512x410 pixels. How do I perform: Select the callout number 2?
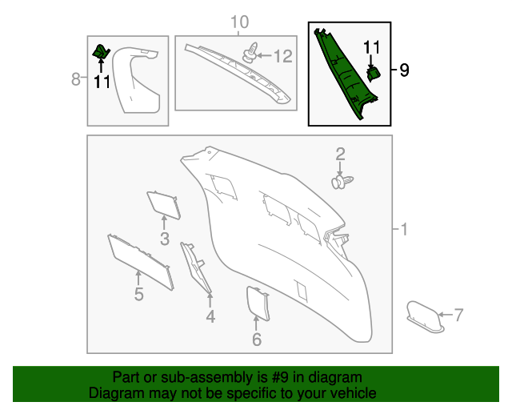coord(340,154)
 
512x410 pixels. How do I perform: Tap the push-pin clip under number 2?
coord(342,183)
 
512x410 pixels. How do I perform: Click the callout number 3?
coord(164,239)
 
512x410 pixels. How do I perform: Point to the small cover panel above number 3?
coord(163,204)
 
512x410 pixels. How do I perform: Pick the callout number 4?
coord(210,317)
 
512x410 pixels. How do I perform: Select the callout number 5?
coord(138,295)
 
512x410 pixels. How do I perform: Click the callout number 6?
coord(256,340)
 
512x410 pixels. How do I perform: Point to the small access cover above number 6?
coord(256,303)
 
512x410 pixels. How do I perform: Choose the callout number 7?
coord(458,315)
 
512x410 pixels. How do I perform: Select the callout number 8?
coord(76,78)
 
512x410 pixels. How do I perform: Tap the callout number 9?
coord(404,70)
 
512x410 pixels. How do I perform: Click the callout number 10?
coord(240,22)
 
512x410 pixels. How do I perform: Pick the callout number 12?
coord(284,56)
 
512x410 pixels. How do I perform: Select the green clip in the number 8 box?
coord(101,52)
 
